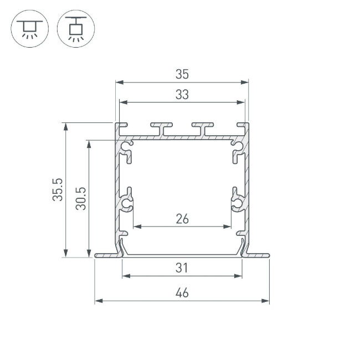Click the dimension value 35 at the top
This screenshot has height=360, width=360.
[182, 74]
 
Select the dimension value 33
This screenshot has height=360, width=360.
[182, 95]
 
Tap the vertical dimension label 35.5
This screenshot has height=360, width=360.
[58, 189]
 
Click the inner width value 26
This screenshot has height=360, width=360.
[182, 219]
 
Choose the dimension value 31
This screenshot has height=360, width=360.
[182, 268]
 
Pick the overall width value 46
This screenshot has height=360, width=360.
[182, 293]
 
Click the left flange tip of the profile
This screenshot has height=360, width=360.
[98, 255]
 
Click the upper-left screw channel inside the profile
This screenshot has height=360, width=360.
[128, 149]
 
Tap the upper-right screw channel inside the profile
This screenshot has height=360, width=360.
[236, 149]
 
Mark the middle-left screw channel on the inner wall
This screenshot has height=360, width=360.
[127, 203]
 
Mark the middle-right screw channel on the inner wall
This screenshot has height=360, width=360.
[237, 203]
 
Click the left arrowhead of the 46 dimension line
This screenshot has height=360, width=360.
[97, 301]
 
